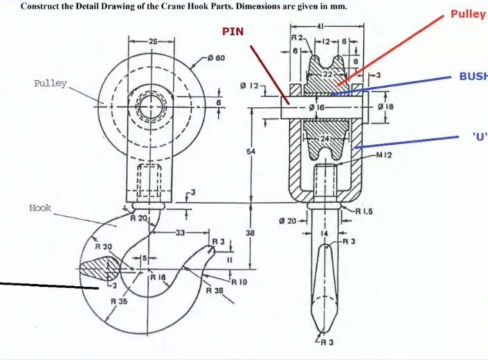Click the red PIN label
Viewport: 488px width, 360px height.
coord(233,32)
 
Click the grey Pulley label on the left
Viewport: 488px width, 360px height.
coord(50,84)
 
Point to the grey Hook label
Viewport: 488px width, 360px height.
coord(40,208)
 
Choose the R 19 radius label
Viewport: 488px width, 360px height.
coord(239,282)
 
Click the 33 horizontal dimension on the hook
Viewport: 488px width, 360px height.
coord(180,232)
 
